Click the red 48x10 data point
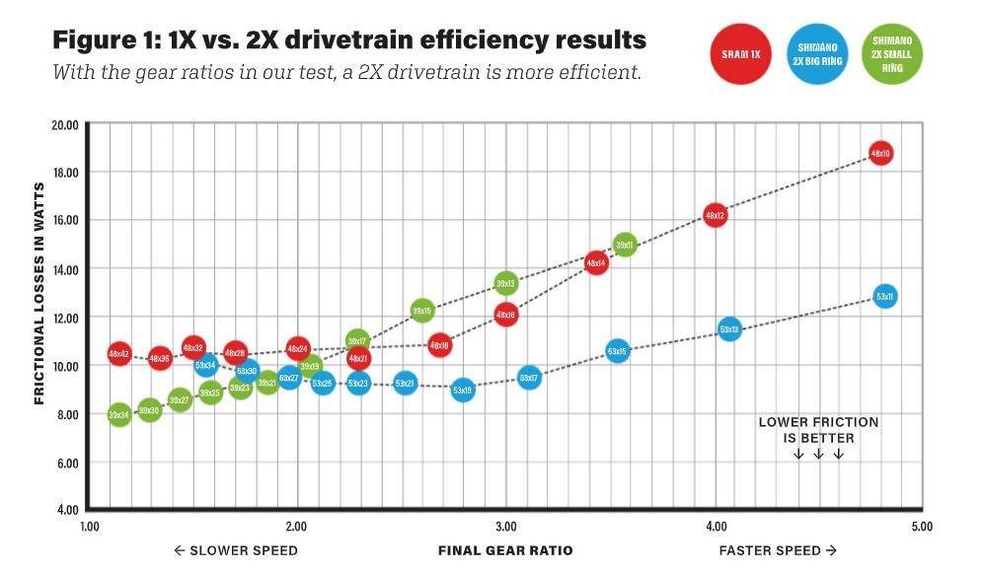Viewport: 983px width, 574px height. click(x=880, y=154)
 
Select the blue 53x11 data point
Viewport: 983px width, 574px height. click(x=884, y=296)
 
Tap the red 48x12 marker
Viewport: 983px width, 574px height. click(x=715, y=215)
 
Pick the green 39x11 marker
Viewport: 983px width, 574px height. click(x=624, y=245)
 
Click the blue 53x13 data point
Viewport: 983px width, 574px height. click(x=729, y=329)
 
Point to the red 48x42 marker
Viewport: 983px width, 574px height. click(x=118, y=353)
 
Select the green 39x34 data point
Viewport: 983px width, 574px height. click(x=118, y=415)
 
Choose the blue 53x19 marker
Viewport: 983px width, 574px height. click(x=463, y=391)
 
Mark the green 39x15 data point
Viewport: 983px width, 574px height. click(x=422, y=312)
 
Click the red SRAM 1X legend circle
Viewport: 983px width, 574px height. click(x=740, y=53)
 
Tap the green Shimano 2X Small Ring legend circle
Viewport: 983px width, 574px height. click(x=892, y=53)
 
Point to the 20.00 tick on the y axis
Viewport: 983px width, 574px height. click(x=65, y=124)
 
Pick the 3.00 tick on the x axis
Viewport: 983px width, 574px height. click(x=506, y=527)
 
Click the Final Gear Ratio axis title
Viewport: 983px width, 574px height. click(x=505, y=550)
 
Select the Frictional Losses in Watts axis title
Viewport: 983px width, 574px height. click(x=40, y=293)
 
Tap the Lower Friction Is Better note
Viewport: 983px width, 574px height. click(x=818, y=430)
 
